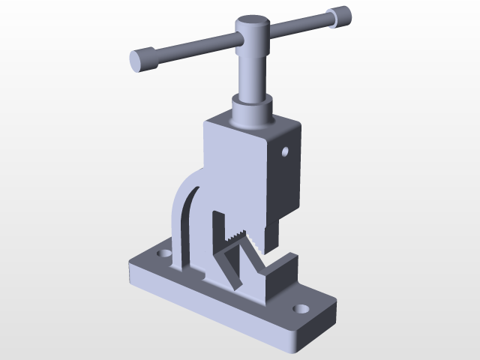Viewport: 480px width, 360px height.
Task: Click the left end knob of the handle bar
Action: coord(143,59)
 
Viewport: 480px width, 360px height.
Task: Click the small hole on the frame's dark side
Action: coord(285,152)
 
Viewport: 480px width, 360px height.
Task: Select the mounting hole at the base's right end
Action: coord(301,308)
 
